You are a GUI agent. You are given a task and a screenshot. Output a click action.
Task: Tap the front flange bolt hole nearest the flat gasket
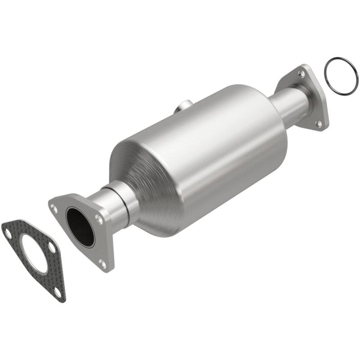(55, 207)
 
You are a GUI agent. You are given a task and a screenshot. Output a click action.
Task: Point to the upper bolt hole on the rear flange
(301, 72)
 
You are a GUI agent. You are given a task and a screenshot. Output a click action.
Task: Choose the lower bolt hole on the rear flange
(319, 123)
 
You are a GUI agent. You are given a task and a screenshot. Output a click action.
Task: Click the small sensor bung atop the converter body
(180, 108)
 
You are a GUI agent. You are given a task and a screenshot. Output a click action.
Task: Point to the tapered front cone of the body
(135, 180)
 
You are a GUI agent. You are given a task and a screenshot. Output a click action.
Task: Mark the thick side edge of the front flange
(108, 238)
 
